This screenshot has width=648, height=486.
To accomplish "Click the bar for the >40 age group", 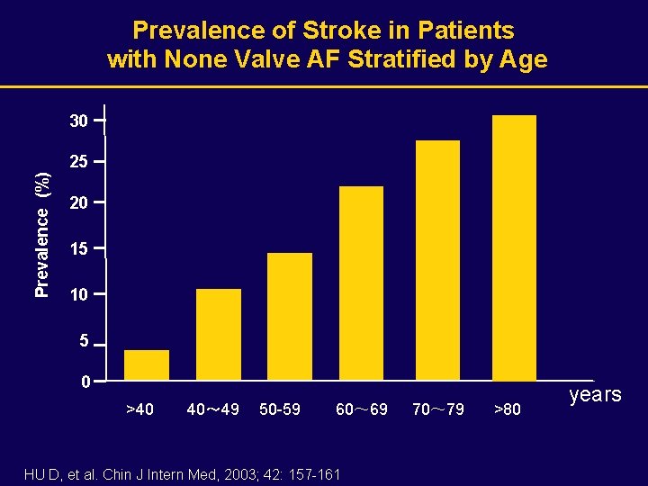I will [x=147, y=364].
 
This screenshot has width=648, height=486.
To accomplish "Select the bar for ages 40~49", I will [x=219, y=334].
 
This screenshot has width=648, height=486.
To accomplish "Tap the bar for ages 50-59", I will [x=290, y=316].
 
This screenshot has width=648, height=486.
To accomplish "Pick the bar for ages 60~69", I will [x=361, y=283].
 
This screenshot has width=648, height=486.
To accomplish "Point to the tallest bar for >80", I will [x=514, y=247].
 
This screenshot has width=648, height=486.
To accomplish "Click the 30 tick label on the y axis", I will [x=79, y=120].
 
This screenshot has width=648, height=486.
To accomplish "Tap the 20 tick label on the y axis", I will [x=79, y=204].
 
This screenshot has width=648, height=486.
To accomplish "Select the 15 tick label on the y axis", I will [x=79, y=248].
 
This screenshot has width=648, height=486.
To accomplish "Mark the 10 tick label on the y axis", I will [x=79, y=295].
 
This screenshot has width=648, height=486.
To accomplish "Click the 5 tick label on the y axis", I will [x=83, y=343].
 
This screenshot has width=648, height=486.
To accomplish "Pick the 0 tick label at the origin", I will [x=84, y=382].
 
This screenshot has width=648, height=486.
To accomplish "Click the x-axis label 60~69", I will [x=362, y=410].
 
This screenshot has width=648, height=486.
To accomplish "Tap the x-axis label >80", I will [x=508, y=410].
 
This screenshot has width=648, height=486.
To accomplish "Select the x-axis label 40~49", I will [x=212, y=410].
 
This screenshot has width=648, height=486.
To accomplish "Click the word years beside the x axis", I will [x=595, y=395].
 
